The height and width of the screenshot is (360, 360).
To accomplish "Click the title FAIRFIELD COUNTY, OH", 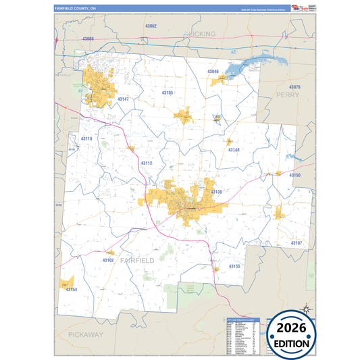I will (x=76, y=8).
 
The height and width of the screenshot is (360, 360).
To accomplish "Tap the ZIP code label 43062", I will (x=151, y=26).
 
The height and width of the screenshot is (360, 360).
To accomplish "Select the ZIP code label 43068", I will (x=88, y=39).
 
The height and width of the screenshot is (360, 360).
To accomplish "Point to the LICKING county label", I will (x=202, y=33).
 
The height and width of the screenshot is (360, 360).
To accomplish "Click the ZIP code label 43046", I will (x=213, y=71).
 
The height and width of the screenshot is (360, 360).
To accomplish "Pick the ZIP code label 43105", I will (x=168, y=93).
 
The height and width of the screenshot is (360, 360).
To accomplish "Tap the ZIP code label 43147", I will (x=122, y=99).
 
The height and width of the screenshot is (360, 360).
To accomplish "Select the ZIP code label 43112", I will (x=147, y=163).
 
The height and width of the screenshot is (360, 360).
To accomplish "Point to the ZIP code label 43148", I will (x=234, y=150).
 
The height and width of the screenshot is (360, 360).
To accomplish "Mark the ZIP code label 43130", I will (x=216, y=192).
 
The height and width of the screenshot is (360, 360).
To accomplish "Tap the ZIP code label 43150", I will (x=295, y=175).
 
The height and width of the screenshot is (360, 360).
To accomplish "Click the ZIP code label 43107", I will (x=297, y=242).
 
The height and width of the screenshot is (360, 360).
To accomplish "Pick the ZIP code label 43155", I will (x=234, y=266).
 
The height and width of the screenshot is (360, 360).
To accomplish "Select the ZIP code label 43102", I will (x=108, y=259).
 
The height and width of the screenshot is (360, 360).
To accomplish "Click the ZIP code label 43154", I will (x=72, y=289).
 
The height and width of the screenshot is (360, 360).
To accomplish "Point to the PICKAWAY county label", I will (x=85, y=334).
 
